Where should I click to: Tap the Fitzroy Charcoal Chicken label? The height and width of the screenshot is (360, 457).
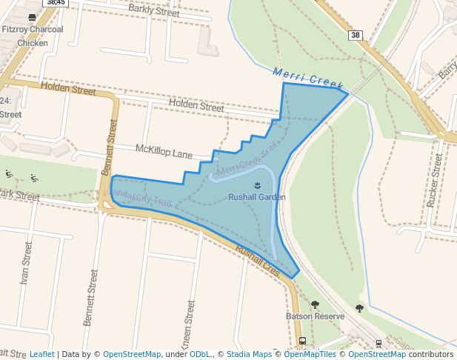click(32, 36)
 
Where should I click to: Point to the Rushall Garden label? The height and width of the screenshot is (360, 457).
click(256, 197)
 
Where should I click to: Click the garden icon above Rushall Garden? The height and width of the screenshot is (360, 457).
click(256, 184)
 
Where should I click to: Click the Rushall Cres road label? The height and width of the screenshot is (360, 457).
click(256, 260)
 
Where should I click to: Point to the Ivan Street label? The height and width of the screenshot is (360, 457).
click(27, 262)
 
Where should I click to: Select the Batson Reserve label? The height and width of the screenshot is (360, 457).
click(315, 316)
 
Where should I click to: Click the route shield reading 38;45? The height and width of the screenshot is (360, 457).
click(56, 3)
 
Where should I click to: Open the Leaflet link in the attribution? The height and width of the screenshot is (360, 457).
click(41, 354)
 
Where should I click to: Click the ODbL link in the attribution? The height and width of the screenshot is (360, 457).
click(200, 354)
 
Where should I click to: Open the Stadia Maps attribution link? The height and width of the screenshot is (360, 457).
click(249, 354)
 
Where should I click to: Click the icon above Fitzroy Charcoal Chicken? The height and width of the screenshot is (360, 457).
click(32, 16)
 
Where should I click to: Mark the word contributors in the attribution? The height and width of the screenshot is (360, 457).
click(431, 354)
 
